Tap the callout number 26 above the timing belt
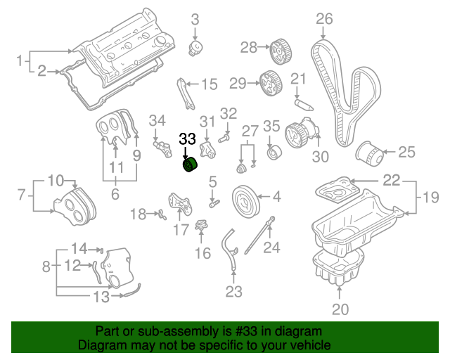point(323,19)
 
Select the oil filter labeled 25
point(368,153)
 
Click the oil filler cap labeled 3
point(196,48)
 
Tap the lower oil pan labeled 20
point(340,267)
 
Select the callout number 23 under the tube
point(233,290)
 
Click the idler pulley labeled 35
point(273,153)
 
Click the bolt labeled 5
point(214,204)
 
